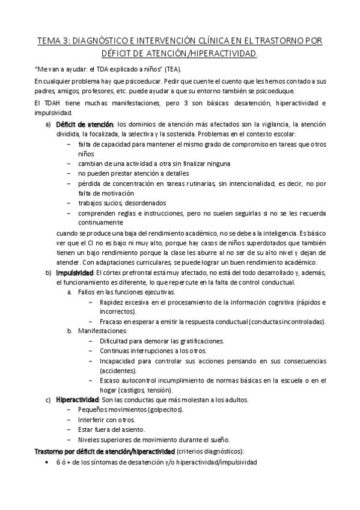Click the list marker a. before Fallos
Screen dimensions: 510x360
70,292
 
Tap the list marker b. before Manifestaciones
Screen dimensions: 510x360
70,331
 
